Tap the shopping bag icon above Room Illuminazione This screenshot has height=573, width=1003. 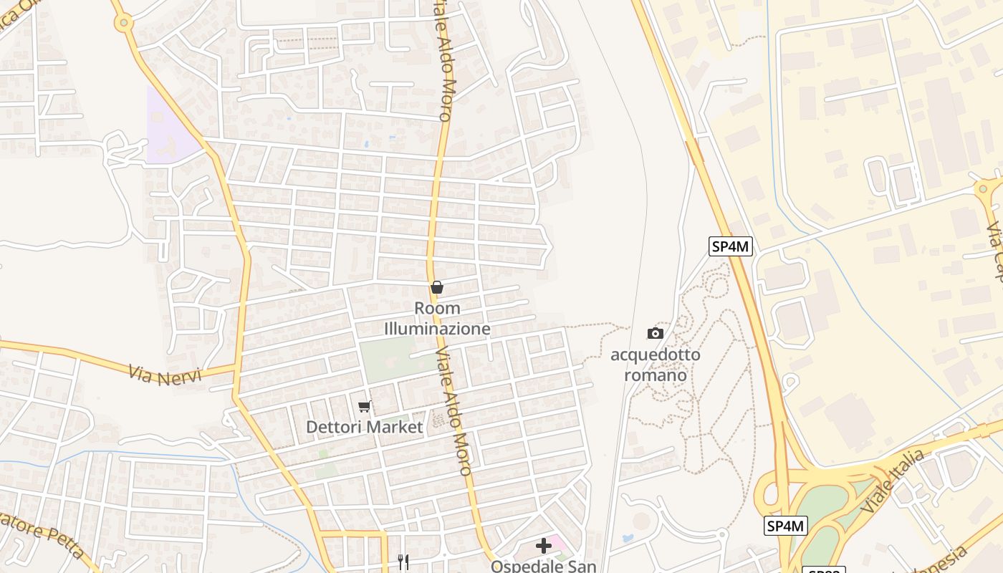[437, 288]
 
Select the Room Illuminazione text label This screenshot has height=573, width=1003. [437, 319]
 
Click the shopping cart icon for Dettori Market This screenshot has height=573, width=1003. [364, 407]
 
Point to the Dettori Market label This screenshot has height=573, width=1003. [365, 427]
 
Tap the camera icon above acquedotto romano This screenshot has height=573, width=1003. [655, 333]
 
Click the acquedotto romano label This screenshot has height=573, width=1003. [656, 365]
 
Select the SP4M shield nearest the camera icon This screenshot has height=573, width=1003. [731, 246]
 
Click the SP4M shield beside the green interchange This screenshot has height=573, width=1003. [786, 526]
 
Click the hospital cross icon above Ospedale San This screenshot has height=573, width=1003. [544, 546]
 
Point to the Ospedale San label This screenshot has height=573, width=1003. [543, 566]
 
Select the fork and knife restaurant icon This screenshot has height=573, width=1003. [403, 562]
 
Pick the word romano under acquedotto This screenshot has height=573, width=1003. [656, 375]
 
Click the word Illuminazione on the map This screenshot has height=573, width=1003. [437, 329]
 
